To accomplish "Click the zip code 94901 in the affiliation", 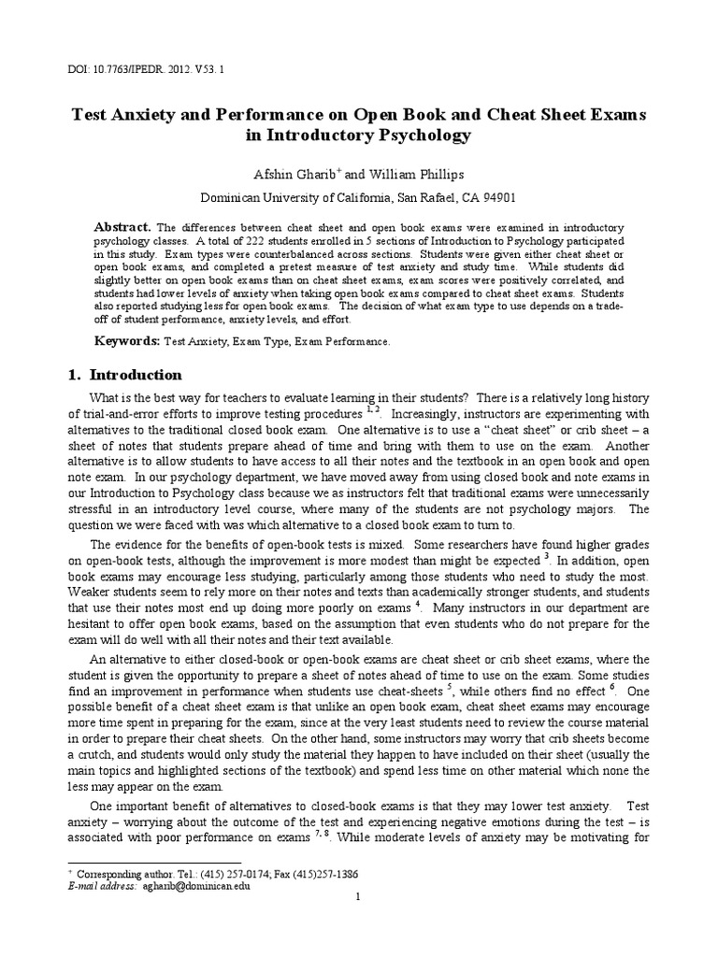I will (x=492, y=197).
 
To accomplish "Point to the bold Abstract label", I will (x=123, y=227).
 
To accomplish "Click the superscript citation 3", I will (x=546, y=556).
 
